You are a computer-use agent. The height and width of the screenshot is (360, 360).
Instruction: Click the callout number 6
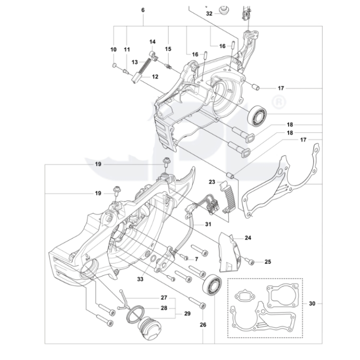[143, 10]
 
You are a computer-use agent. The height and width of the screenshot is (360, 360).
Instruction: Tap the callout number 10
[113, 49]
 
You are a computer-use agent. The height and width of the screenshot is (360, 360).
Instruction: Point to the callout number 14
[152, 41]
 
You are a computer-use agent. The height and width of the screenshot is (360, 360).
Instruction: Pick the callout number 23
[212, 182]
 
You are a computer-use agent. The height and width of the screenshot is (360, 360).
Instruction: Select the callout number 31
[207, 224]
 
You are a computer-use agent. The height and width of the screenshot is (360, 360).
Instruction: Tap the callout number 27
[163, 297]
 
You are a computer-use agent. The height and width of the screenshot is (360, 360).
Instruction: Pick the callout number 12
[155, 76]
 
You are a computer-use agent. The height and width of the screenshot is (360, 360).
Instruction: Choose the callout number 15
[168, 49]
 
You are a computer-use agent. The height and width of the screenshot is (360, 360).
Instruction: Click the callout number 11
[126, 49]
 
